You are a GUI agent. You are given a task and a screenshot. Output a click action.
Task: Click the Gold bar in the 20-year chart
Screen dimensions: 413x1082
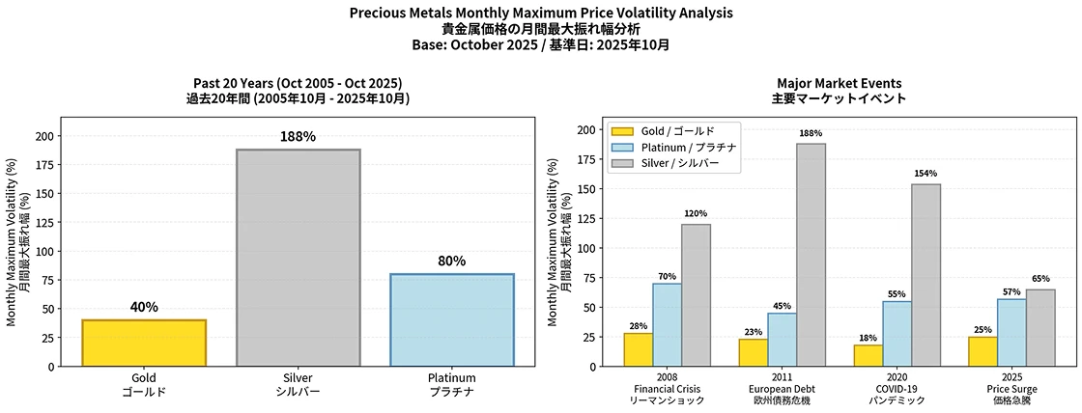[x=144, y=343]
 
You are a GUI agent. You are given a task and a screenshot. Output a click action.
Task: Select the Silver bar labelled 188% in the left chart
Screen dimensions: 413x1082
[x=298, y=258]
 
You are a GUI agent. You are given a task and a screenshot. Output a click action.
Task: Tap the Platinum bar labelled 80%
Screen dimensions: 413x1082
[x=451, y=319]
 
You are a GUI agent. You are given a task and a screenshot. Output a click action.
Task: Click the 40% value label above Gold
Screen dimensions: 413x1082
[x=144, y=307]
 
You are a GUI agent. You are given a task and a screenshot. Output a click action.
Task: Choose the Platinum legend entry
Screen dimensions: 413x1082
[x=677, y=148]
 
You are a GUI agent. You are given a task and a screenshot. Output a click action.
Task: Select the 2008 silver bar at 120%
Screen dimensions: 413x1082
[x=696, y=295]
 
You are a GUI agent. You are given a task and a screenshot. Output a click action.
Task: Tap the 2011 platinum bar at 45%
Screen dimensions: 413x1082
[x=783, y=340]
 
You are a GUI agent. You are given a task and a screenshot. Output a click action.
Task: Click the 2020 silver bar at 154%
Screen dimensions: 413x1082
[x=925, y=275]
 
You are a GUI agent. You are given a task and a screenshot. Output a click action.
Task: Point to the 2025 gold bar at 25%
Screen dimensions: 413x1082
[x=982, y=351]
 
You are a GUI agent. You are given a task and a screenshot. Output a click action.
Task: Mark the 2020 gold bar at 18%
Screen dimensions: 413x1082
[x=868, y=355]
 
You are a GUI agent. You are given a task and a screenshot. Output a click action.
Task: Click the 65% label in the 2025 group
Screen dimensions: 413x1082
[x=1040, y=278]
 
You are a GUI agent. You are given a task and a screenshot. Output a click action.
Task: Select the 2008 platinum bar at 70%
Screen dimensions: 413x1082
[x=667, y=324]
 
